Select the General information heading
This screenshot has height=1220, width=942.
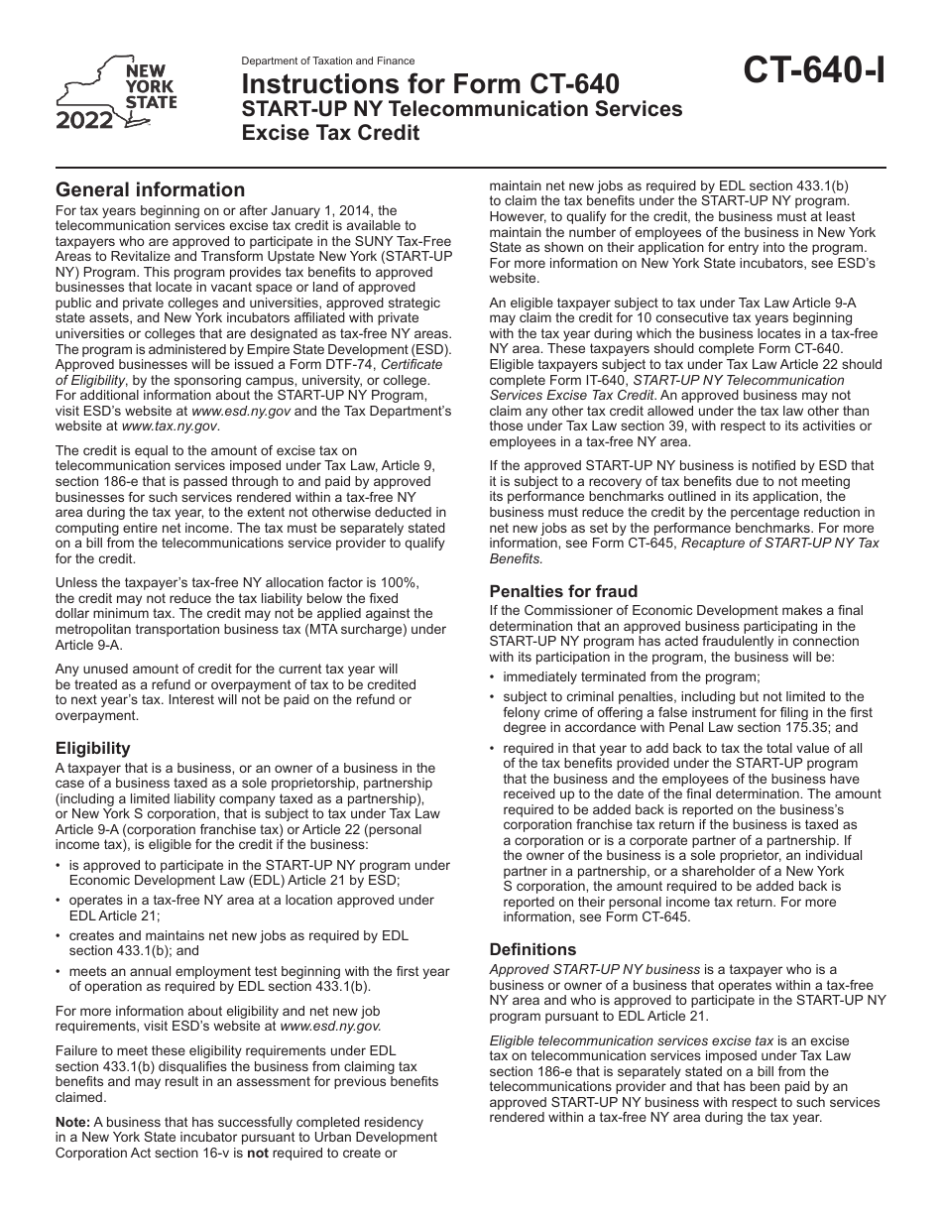pyautogui.click(x=150, y=189)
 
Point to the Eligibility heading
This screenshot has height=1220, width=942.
pyautogui.click(x=92, y=748)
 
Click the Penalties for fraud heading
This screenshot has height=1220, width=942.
pyautogui.click(x=563, y=591)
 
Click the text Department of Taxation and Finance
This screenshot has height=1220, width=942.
pyautogui.click(x=328, y=61)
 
